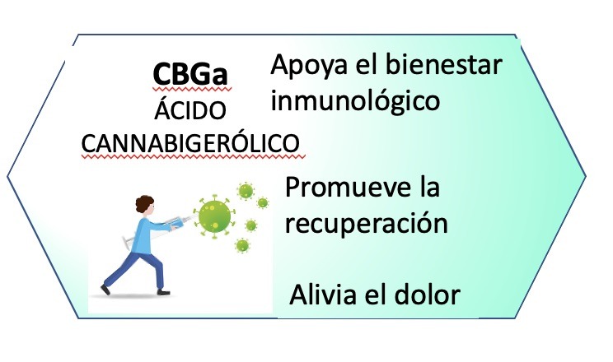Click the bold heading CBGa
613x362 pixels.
pos(190,73)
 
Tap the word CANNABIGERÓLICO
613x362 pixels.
pos(190,143)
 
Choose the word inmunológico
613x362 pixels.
pos(355,101)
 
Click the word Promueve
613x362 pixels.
pos(349,187)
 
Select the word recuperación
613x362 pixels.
pos(367,224)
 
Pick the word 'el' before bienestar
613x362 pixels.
pos(367,65)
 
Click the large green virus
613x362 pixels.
pos(214,216)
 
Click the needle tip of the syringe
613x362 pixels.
pos(194,216)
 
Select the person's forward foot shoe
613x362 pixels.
pos(163,292)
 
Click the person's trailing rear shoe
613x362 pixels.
pos(105,290)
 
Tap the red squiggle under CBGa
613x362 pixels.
pos(191,90)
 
